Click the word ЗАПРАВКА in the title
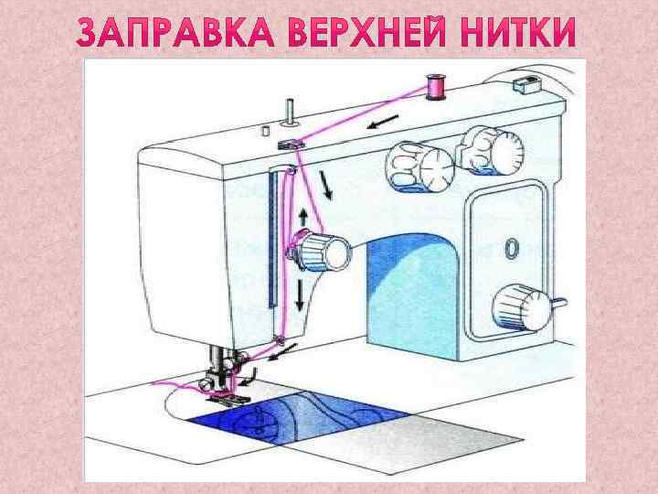[x=175, y=32]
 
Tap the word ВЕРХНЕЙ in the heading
[x=366, y=32]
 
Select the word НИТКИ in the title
[x=518, y=32]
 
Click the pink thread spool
[x=436, y=88]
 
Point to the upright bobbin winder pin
[x=290, y=113]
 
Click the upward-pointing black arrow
[x=303, y=219]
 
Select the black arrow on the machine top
[x=382, y=122]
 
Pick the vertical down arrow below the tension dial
[x=300, y=295]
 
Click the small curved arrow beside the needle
[x=249, y=377]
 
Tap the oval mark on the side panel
[x=512, y=249]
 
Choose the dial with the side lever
[x=523, y=306]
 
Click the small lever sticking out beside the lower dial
[x=559, y=302]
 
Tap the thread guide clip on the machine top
[x=291, y=145]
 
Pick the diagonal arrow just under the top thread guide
[x=325, y=185]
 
